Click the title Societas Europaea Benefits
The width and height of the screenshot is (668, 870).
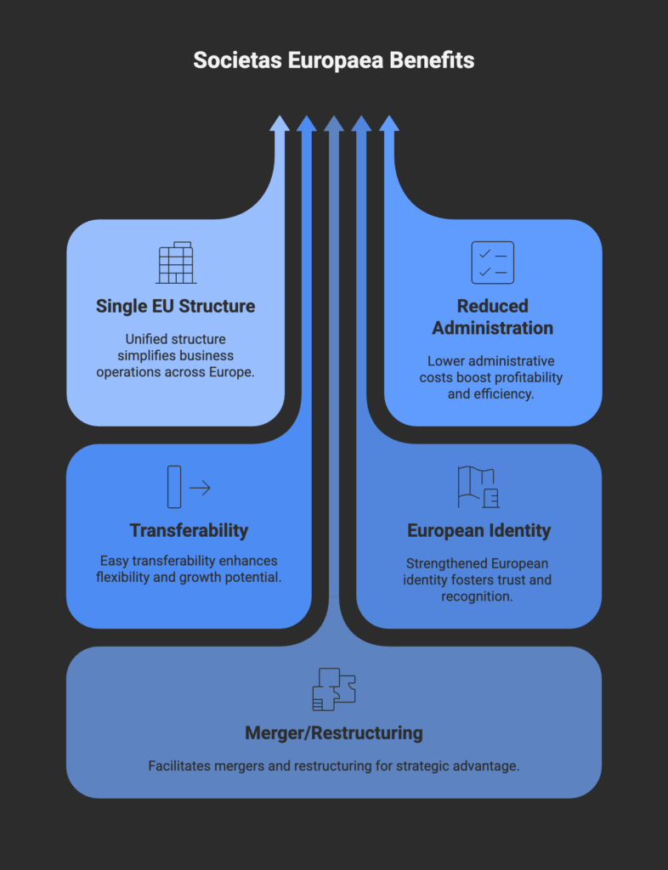pyautogui.click(x=333, y=60)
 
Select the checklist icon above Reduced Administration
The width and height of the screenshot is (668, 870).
pyautogui.click(x=493, y=263)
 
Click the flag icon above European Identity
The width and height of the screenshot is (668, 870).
pyautogui.click(x=478, y=487)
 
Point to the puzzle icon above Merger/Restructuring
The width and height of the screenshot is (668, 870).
pyautogui.click(x=334, y=689)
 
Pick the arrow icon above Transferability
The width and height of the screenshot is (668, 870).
pyautogui.click(x=189, y=487)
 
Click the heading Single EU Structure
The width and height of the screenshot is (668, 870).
pyautogui.click(x=175, y=306)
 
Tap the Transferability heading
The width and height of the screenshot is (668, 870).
pyautogui.click(x=189, y=530)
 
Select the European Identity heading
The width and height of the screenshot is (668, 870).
pyautogui.click(x=478, y=530)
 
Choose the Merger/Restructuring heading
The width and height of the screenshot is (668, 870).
pyautogui.click(x=334, y=733)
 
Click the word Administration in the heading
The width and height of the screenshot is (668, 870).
pyautogui.click(x=493, y=328)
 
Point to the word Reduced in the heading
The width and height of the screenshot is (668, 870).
pyautogui.click(x=493, y=306)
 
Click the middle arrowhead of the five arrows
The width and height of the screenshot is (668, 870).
pyautogui.click(x=334, y=124)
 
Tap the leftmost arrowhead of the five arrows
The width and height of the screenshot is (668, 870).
pyautogui.click(x=280, y=124)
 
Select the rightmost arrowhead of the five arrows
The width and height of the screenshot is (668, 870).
pyautogui.click(x=389, y=124)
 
